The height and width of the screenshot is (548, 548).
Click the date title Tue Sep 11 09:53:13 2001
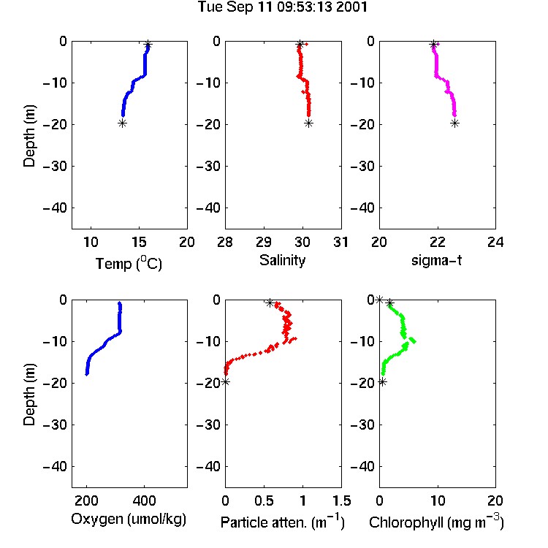[282, 7]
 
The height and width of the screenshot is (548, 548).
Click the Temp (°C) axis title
[129, 263]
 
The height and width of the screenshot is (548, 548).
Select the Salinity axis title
[282, 260]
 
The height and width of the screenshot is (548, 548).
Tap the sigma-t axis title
[436, 260]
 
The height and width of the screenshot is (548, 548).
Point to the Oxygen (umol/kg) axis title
[129, 519]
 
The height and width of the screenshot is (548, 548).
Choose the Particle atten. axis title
[282, 522]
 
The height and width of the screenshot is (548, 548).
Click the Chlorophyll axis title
[436, 522]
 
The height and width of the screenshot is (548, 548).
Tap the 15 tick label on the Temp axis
[139, 242]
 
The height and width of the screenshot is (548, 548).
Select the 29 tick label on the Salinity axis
[264, 242]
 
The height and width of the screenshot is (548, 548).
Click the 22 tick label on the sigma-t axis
[437, 242]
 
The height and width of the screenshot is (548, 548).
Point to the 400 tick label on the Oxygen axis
[144, 501]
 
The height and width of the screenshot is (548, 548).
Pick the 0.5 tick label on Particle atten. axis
[264, 501]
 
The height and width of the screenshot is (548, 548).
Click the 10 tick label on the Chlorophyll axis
[437, 501]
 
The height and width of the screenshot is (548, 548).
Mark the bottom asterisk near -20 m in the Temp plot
[122, 123]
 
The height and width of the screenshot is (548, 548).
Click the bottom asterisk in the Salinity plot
[308, 123]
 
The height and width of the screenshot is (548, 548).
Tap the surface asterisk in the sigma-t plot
[433, 45]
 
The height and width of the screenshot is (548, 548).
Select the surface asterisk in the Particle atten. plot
[270, 303]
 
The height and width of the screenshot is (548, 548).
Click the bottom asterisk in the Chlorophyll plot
[383, 382]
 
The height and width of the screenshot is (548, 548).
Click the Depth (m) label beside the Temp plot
[29, 136]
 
